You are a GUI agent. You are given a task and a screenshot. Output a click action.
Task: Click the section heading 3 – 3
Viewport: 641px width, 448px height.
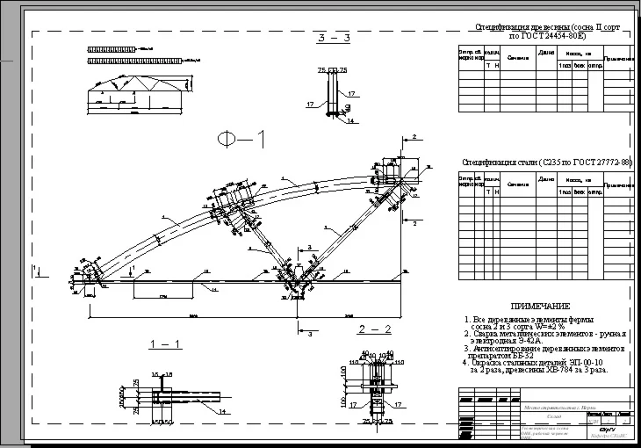tap(335, 40)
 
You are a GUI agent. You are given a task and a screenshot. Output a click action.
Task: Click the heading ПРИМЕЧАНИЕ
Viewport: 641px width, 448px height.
tap(535, 305)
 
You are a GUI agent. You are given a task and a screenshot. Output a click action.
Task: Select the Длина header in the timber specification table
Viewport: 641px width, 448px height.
tap(546, 54)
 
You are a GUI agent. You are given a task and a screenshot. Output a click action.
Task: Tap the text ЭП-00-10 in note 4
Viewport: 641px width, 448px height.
tap(583, 362)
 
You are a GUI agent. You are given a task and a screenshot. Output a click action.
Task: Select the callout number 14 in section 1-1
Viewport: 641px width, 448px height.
tap(222, 411)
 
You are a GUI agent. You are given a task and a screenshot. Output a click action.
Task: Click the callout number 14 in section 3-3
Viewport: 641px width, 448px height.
tap(350, 122)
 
